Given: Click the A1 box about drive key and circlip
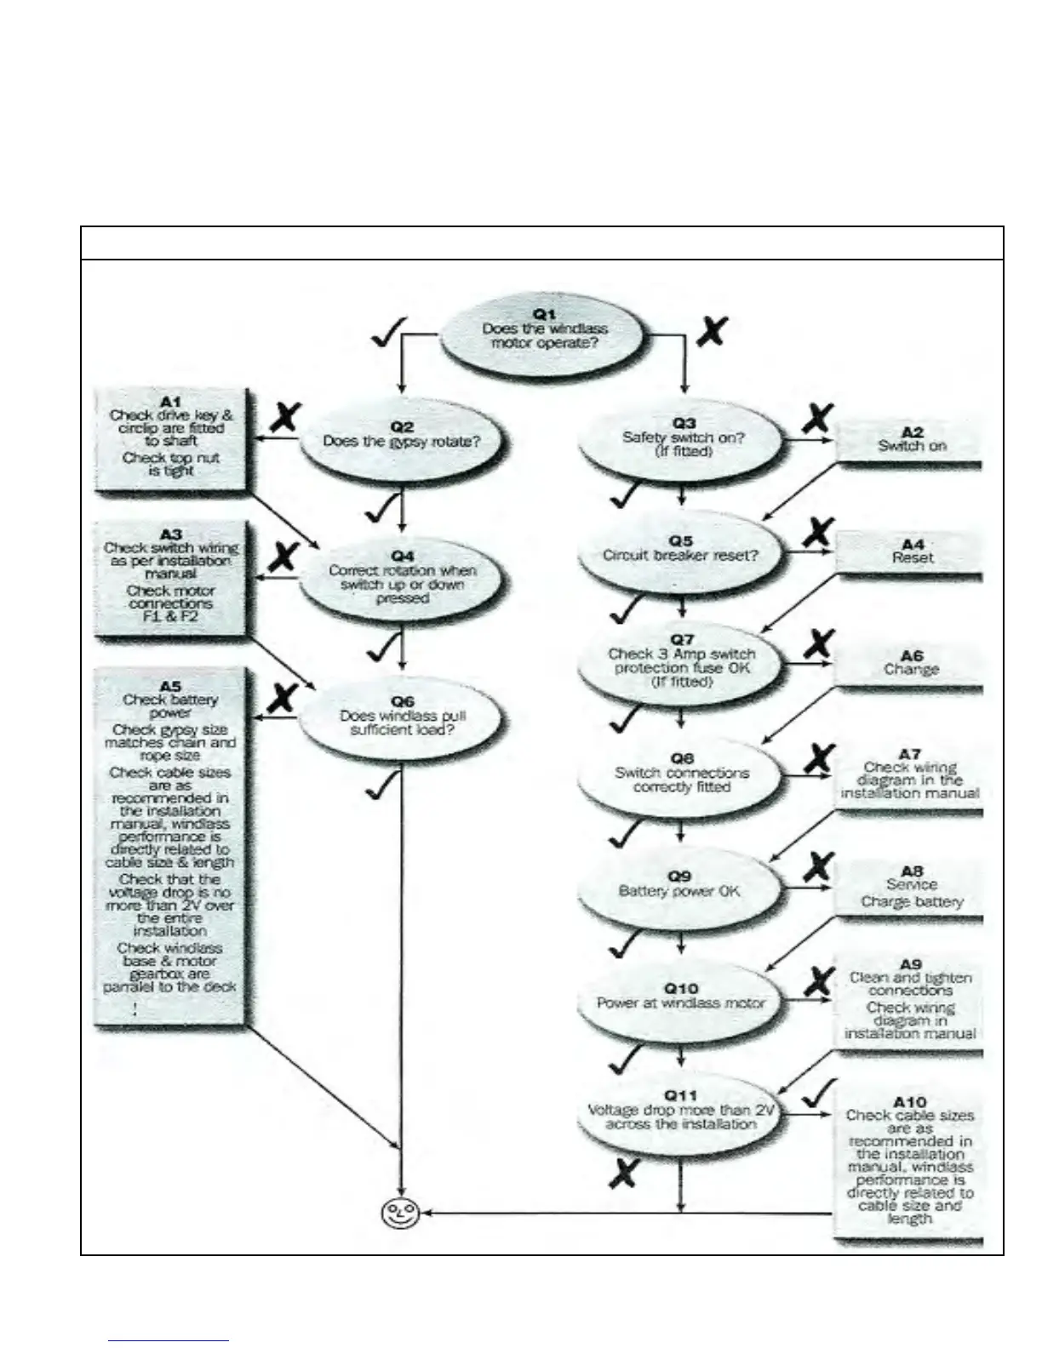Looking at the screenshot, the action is pos(171,437).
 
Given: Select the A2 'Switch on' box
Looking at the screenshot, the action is pos(911,441).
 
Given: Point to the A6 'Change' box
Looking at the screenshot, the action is pos(911,663).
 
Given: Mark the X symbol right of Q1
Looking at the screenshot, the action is pos(712,330).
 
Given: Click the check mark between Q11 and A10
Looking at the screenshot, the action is pos(816,1093).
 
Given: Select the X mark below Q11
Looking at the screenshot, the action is pos(623,1174).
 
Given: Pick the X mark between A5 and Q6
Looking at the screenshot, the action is pos(282,698).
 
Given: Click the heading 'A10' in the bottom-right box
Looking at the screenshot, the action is pos(910,1102).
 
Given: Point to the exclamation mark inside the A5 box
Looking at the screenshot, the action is pos(135,1009).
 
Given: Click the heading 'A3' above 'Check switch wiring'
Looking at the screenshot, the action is pos(171,534).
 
